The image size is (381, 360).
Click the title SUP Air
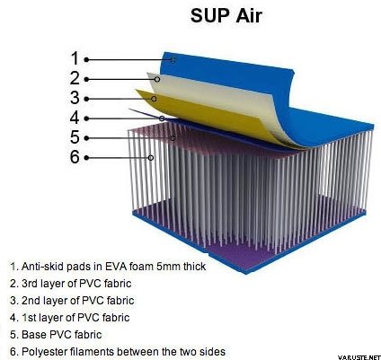[x=226, y=15]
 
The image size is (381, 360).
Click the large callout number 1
[x=75, y=58]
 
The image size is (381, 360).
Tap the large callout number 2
[x=75, y=78]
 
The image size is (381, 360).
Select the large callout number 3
[x=75, y=98]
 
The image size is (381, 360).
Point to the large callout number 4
[x=75, y=118]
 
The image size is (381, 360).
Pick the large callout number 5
[x=75, y=137]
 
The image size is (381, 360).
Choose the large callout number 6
[x=75, y=157]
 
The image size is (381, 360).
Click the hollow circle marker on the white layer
[x=157, y=79]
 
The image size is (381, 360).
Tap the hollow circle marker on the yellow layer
[x=154, y=99]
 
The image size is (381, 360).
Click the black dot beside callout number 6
[x=86, y=158]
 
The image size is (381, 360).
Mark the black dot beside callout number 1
[x=86, y=60]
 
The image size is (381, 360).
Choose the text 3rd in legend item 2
[x=30, y=284]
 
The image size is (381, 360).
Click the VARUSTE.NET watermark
[x=359, y=357]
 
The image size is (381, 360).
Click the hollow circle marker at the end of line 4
[x=162, y=119]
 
